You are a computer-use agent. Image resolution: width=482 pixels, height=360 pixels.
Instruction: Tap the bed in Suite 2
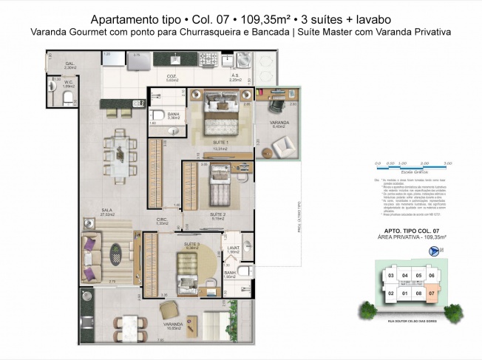pyautogui.click(x=220, y=189)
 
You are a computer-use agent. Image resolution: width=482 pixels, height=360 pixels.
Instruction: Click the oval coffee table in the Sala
pyautogui.click(x=117, y=256)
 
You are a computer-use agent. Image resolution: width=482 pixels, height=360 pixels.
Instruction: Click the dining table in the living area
pyautogui.click(x=123, y=149)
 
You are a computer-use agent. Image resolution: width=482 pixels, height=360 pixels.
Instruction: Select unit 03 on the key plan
pyautogui.click(x=391, y=277)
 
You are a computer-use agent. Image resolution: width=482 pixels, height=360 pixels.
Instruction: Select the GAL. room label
pyautogui.click(x=70, y=64)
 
